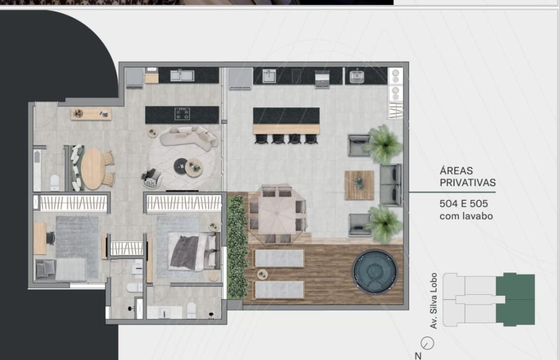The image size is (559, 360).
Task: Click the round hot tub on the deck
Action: click(x=375, y=272)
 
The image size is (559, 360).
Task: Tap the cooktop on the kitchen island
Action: click(x=182, y=114)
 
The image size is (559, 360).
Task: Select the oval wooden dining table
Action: click(x=93, y=169)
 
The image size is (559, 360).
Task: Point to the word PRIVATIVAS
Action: click(x=468, y=183)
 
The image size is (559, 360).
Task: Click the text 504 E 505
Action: click(x=464, y=204)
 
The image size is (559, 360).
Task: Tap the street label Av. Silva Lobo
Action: click(x=434, y=301)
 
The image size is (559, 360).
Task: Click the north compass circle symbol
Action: click(x=427, y=343)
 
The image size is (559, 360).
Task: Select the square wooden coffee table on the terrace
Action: click(x=359, y=185)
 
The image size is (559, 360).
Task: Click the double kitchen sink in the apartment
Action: click(x=182, y=75)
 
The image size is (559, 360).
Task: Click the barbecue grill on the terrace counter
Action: click(x=322, y=79)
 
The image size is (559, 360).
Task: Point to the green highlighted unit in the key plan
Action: click(x=515, y=299)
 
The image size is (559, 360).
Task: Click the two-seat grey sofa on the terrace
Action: click(x=390, y=185)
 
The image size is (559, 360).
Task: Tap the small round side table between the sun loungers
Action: click(x=262, y=274)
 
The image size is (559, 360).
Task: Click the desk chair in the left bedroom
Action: click(x=51, y=238)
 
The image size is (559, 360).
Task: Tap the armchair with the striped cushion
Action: click(x=151, y=177)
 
